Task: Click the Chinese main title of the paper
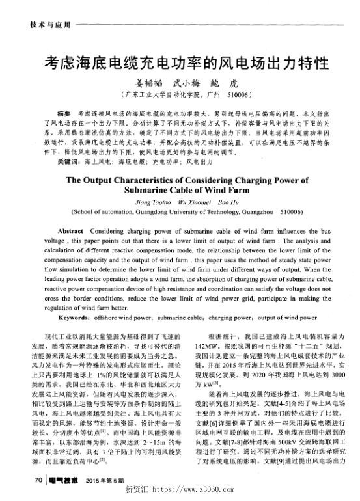point(185,63)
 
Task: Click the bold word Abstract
point(70,231)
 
